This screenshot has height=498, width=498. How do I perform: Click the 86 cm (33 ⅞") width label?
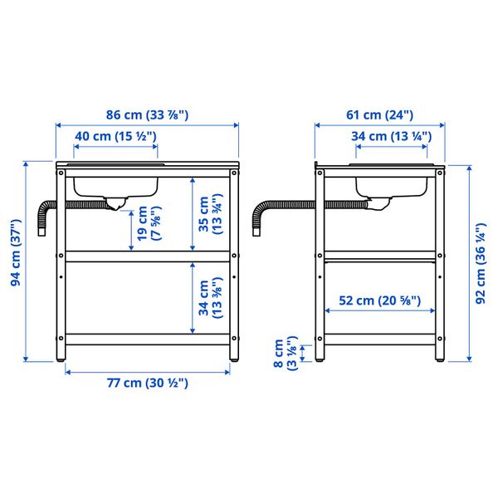click(147, 115)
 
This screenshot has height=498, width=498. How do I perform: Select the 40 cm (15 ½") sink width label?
click(115, 136)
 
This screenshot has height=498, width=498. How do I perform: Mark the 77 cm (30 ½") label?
click(147, 383)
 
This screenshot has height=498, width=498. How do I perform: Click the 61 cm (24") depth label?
click(379, 115)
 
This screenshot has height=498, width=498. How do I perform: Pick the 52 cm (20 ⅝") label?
click(379, 300)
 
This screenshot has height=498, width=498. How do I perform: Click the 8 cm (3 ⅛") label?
click(285, 354)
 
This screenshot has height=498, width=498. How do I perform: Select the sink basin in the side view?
click(391, 184)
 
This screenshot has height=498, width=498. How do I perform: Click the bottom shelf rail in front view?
click(147, 339)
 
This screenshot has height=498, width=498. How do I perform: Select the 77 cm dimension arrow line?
click(147, 370)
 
